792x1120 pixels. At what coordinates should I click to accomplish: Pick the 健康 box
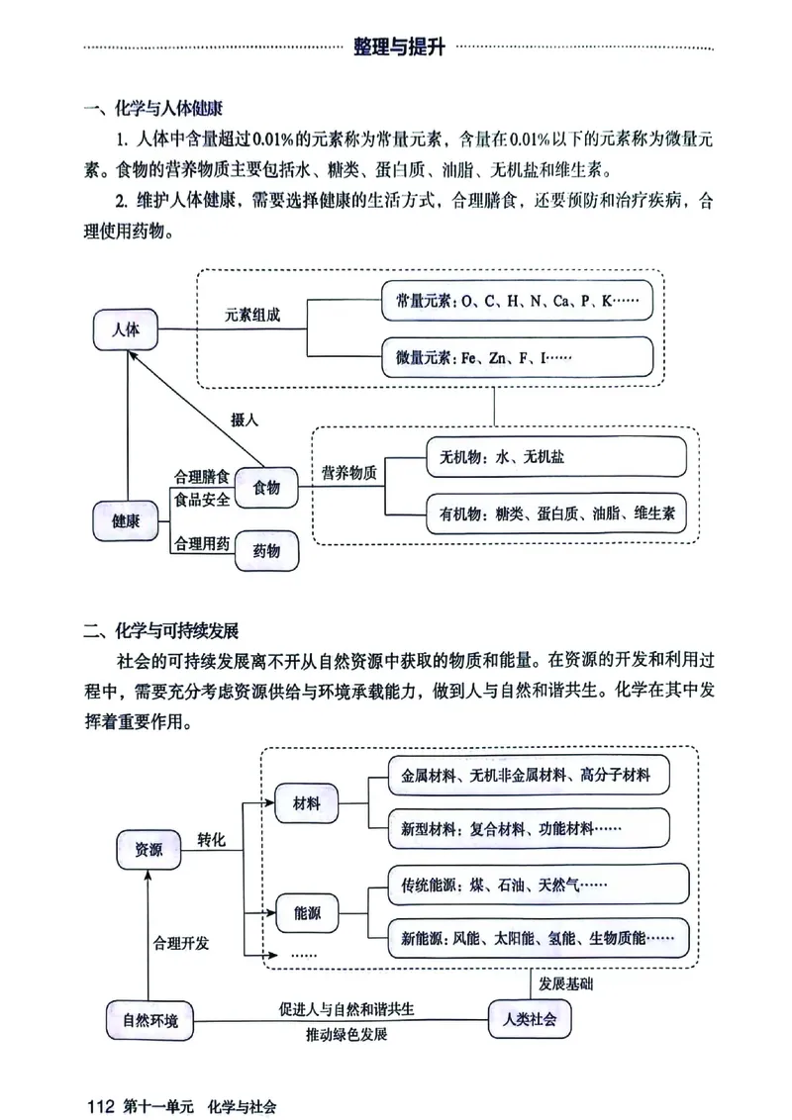pos(126,519)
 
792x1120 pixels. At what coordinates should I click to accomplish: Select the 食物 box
pos(267,488)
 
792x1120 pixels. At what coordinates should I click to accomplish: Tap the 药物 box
pos(267,550)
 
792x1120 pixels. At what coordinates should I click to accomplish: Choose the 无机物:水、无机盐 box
pos(555,458)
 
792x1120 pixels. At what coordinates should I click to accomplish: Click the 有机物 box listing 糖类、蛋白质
pos(555,513)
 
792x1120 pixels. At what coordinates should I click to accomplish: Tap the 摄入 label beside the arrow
pos(245,420)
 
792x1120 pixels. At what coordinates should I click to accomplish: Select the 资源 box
pos(148,848)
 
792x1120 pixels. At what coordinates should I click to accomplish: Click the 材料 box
pos(306,803)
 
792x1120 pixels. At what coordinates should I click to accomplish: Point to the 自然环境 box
pos(150,1020)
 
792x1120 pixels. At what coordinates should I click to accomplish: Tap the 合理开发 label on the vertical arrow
pos(180,943)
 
